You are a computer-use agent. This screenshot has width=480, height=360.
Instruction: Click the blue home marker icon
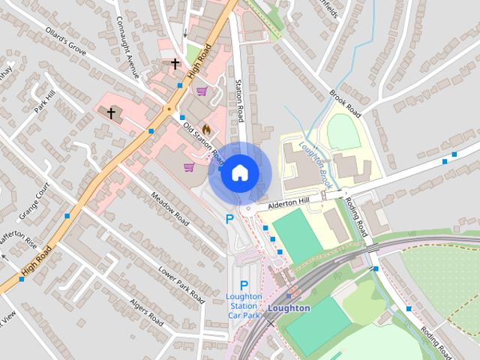(x=238, y=173)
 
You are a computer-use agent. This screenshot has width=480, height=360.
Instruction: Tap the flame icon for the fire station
(x=206, y=129)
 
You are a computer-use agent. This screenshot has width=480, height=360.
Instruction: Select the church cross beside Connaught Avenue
(x=175, y=64)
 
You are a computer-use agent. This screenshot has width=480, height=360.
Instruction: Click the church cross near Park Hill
(x=112, y=113)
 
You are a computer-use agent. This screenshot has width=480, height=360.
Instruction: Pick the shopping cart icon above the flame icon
(x=202, y=91)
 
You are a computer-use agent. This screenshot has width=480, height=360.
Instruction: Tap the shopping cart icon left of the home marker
(x=189, y=166)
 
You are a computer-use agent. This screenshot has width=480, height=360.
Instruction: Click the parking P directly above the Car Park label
(x=244, y=285)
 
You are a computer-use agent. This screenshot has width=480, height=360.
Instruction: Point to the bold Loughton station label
(x=288, y=308)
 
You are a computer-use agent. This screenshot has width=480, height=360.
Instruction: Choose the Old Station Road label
(x=203, y=143)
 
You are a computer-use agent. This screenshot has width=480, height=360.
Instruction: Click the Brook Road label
(x=346, y=104)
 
